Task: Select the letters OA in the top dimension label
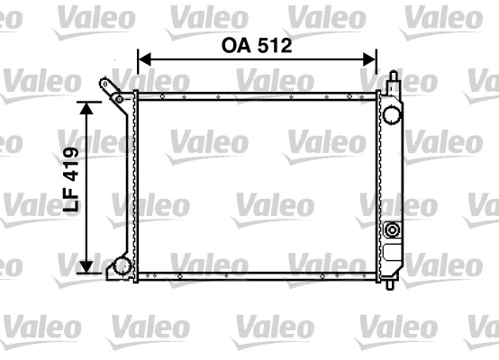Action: (237, 46)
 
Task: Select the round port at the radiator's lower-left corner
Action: (121, 266)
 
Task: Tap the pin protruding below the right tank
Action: (389, 285)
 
